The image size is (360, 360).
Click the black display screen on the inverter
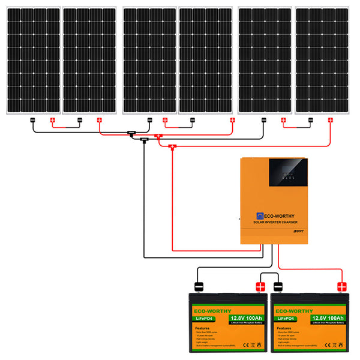coord(289,173)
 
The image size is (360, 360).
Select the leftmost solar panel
coord(32,61)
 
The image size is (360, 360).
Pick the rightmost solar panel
coord(322,61)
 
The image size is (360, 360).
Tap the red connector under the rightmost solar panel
coord(329,121)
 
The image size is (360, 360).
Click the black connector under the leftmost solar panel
coord(33,121)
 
